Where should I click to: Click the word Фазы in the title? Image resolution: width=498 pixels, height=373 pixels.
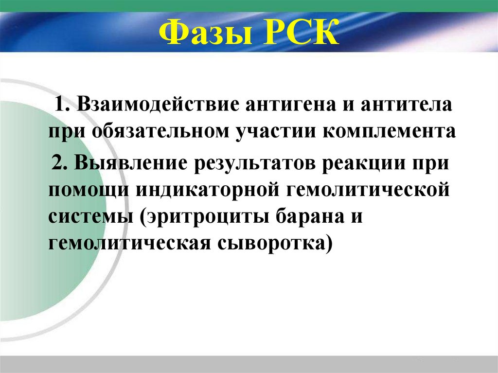(x=201, y=33)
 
